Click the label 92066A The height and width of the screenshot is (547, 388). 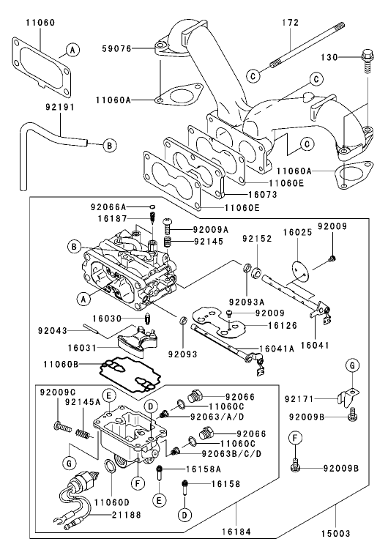pos(108,207)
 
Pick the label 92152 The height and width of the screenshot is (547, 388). pos(257,237)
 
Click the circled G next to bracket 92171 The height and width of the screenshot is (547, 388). pos(352,365)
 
